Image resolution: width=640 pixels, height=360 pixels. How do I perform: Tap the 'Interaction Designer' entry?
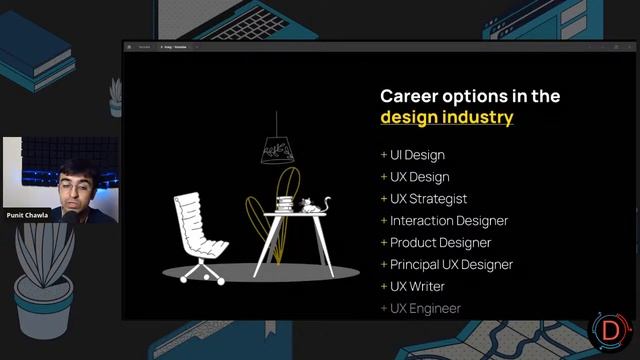pos(449,221)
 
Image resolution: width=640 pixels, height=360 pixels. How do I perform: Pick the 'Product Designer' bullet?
pos(440,243)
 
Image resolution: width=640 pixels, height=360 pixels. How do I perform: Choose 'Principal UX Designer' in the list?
pos(451,265)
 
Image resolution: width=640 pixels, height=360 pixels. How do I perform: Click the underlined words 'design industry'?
pos(446,118)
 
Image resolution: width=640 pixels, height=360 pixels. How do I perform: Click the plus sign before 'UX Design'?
pos(383,177)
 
